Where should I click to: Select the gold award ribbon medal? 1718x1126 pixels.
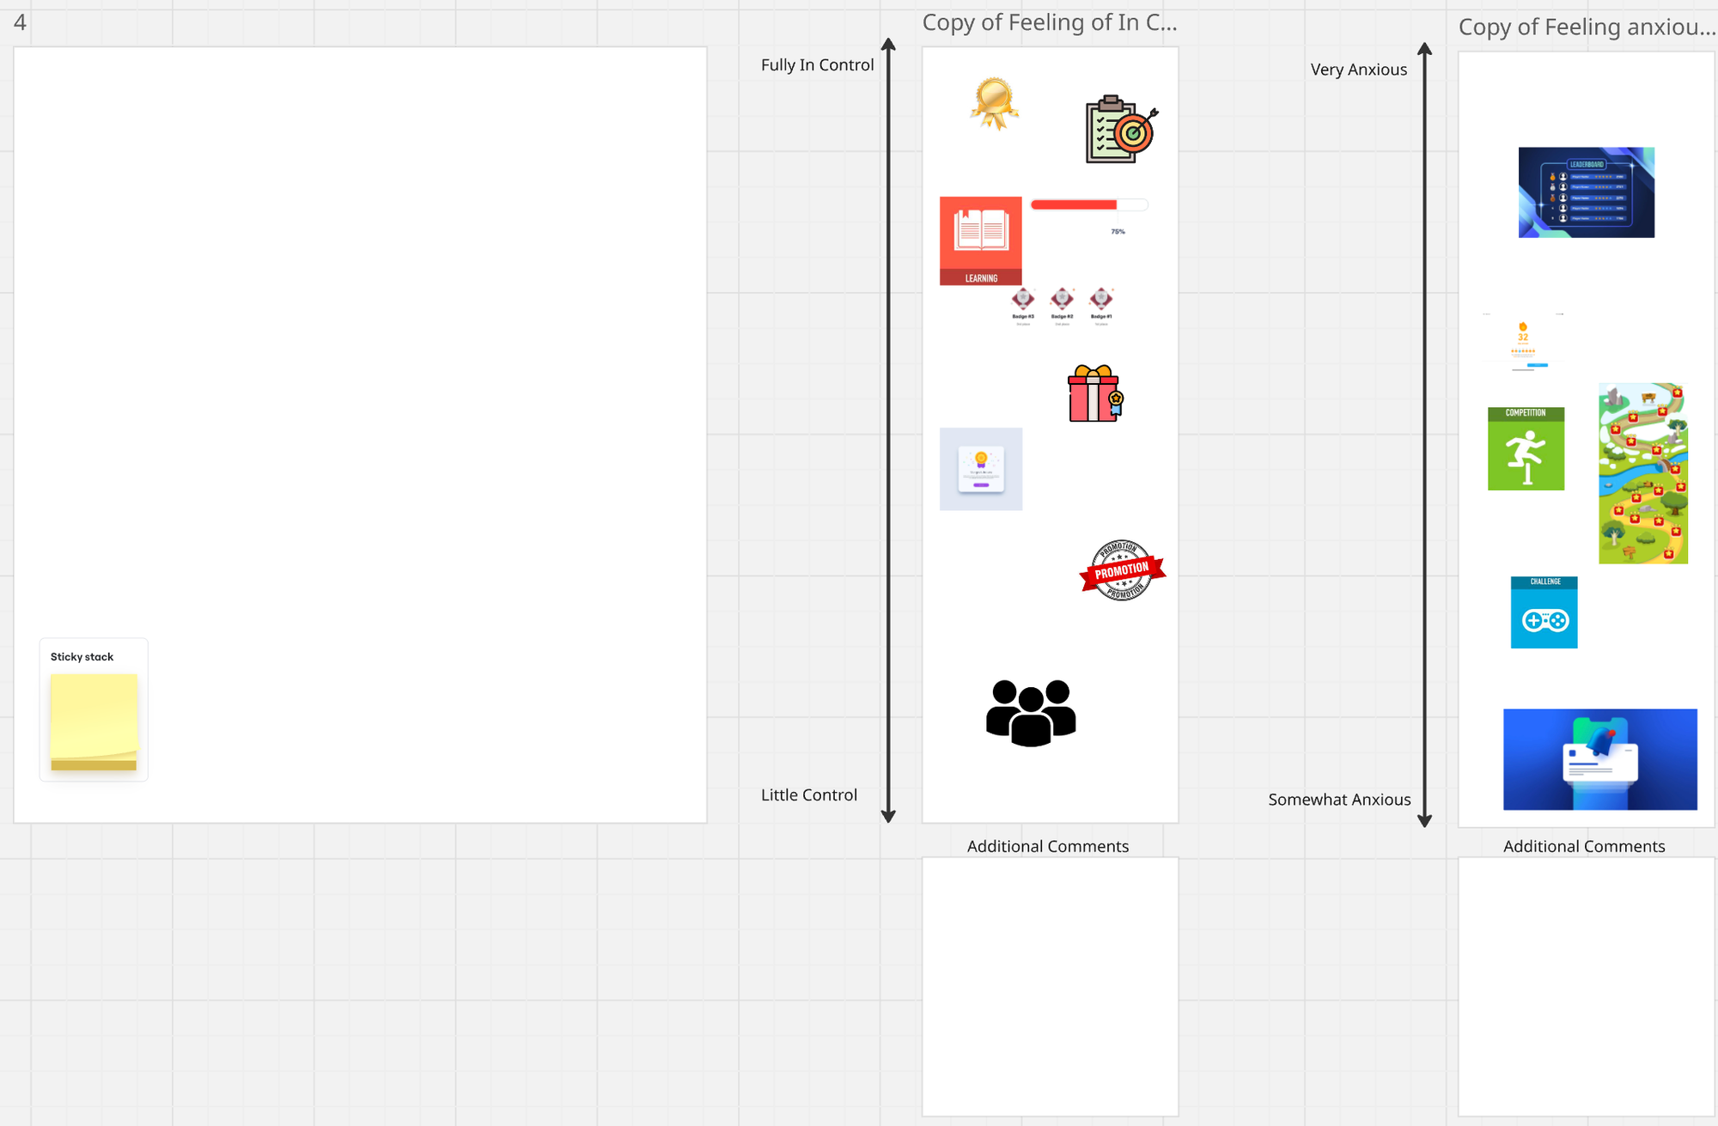click(994, 103)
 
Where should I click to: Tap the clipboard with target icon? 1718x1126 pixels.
click(1120, 130)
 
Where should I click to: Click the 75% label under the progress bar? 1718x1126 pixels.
click(1118, 232)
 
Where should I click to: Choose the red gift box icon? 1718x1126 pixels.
click(1094, 394)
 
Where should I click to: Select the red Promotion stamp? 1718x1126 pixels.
click(1122, 570)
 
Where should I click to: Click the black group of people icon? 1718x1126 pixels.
click(1031, 713)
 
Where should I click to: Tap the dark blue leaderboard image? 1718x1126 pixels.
click(1586, 192)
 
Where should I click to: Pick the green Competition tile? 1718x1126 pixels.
click(1526, 449)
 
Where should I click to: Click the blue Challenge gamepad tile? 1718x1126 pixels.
click(1544, 612)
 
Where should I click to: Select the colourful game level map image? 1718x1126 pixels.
click(1642, 473)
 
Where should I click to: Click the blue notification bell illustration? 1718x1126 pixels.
click(1599, 759)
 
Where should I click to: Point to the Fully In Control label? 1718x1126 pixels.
click(817, 65)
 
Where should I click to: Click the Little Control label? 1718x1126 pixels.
click(808, 795)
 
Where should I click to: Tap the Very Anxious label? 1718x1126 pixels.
click(1358, 70)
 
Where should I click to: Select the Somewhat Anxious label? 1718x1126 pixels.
click(1338, 800)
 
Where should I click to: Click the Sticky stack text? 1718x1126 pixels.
click(82, 657)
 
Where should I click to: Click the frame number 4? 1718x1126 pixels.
click(20, 22)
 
